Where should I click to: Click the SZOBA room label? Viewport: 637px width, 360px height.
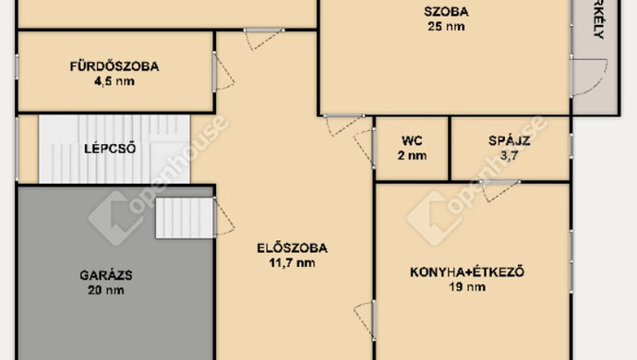[x=446, y=12]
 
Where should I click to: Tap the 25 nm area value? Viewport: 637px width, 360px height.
[x=446, y=27]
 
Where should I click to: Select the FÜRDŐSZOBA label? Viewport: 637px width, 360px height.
[x=114, y=66]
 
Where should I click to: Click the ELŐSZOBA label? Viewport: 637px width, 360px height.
[x=293, y=247]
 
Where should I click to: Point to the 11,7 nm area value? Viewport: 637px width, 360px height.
[x=293, y=262]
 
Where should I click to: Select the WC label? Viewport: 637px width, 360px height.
[x=412, y=141]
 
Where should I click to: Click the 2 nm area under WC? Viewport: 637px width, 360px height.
[x=412, y=156]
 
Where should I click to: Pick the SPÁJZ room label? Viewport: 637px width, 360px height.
[x=508, y=141]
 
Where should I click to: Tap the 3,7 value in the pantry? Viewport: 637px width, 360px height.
[x=508, y=156]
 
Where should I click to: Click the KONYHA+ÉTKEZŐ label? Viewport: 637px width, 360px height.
[x=467, y=271]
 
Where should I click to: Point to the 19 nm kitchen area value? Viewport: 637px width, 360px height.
[x=467, y=286]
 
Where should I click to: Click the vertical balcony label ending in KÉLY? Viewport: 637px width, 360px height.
[x=598, y=18]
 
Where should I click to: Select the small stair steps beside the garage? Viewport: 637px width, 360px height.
[x=184, y=218]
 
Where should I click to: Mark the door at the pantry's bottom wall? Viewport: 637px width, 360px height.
[x=500, y=189]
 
